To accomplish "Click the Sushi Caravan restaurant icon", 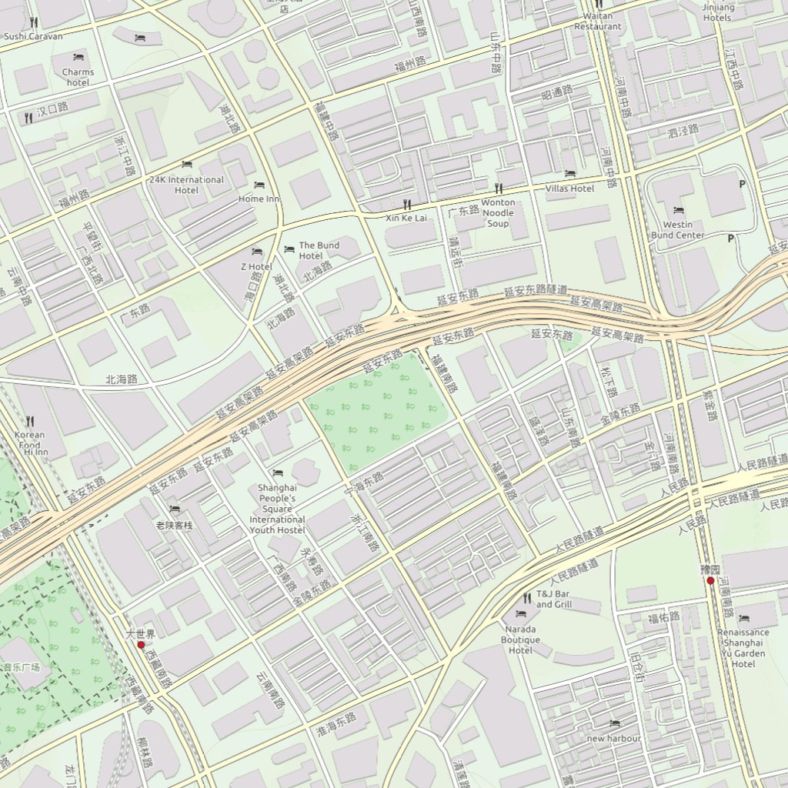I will click(x=33, y=23).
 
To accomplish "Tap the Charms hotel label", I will click(x=78, y=77).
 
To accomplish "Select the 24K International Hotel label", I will click(x=186, y=185).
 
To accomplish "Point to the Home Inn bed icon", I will click(x=259, y=185).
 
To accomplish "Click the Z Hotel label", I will click(x=256, y=266).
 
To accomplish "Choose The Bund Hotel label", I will click(x=319, y=250).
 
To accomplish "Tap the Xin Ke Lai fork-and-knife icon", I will click(x=407, y=205).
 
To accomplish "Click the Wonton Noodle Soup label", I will click(x=498, y=213).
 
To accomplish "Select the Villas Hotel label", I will click(x=569, y=189).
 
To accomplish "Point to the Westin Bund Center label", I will click(x=678, y=230).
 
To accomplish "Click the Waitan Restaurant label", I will click(x=598, y=21).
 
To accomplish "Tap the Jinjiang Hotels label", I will click(x=718, y=12).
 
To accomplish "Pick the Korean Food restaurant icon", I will click(x=31, y=422).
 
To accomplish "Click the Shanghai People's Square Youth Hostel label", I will click(x=277, y=509).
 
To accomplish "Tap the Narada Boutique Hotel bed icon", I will click(x=520, y=613).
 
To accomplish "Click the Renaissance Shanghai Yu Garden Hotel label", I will click(x=743, y=648).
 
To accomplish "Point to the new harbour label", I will click(x=613, y=739).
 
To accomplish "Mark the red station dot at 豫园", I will click(x=710, y=581).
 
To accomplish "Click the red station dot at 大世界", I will click(x=141, y=646).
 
